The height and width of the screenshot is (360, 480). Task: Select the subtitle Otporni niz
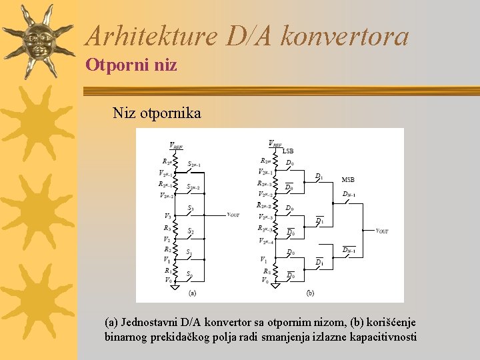pyautogui.click(x=131, y=65)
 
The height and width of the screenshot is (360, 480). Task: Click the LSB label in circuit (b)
pyautogui.click(x=288, y=151)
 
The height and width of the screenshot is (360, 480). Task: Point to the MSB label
pyautogui.click(x=348, y=179)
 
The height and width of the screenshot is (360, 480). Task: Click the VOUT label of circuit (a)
pyautogui.click(x=233, y=215)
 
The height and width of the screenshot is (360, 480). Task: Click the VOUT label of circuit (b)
pyautogui.click(x=382, y=231)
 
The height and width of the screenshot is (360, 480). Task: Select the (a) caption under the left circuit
pyautogui.click(x=191, y=293)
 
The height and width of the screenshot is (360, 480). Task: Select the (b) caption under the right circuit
pyautogui.click(x=310, y=293)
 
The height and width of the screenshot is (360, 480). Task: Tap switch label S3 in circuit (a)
pyautogui.click(x=191, y=208)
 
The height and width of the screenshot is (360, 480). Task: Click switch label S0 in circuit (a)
pyautogui.click(x=189, y=273)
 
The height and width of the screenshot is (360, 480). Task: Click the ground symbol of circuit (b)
pyautogui.click(x=275, y=285)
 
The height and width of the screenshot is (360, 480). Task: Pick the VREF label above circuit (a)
pyautogui.click(x=176, y=146)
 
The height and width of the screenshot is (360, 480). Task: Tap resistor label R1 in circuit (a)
pyautogui.click(x=166, y=271)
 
